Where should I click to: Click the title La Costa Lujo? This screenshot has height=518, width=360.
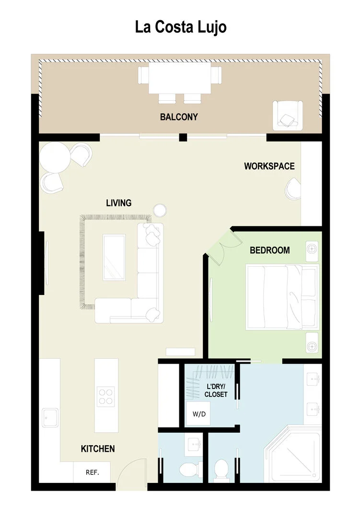click(181, 27)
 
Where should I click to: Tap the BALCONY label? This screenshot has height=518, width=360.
click(179, 117)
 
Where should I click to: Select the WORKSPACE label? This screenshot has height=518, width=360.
click(269, 166)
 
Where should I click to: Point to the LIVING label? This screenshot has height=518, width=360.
click(118, 203)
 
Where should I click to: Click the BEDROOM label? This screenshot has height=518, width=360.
click(269, 250)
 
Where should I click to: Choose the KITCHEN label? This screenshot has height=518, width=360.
click(98, 448)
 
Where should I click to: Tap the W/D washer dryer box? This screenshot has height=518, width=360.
click(198, 413)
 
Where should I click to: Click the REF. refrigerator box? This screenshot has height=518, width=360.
click(92, 472)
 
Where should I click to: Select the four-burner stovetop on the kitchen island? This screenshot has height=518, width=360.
click(106, 397)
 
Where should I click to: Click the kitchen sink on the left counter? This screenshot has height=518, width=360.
click(50, 418)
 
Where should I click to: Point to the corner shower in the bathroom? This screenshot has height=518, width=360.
click(292, 454)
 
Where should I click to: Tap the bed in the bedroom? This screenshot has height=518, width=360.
click(282, 297)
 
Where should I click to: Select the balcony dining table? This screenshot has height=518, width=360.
click(180, 78)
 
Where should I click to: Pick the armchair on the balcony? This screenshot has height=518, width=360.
click(287, 115)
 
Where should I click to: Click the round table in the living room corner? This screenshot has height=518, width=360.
click(55, 157)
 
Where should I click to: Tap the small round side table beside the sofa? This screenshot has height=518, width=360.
click(160, 210)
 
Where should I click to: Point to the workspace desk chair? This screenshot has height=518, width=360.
click(293, 189)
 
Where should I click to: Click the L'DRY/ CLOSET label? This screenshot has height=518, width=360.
click(216, 390)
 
